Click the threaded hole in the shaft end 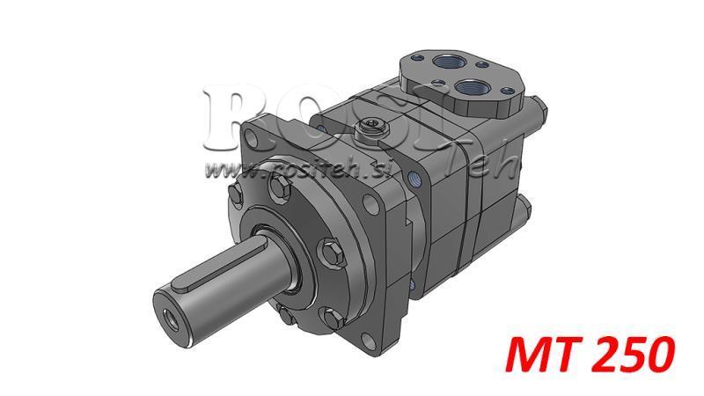[165, 313]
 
